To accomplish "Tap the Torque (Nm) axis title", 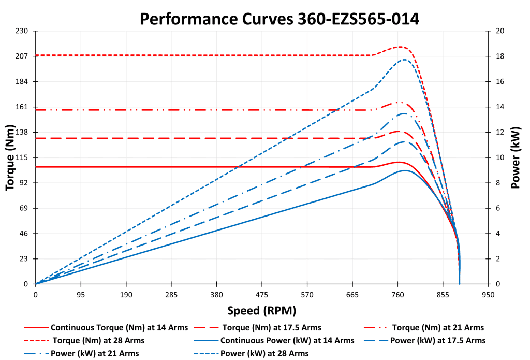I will click(x=10, y=157).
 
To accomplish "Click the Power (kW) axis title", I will click(x=516, y=157).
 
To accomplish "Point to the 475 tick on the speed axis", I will click(x=262, y=294).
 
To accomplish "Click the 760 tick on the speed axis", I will click(x=397, y=294).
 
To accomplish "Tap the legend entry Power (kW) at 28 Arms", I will click(x=264, y=353).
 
